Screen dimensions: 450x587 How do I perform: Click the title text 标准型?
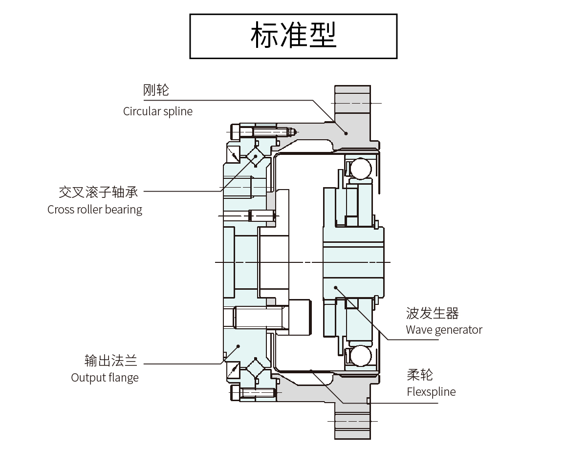[293, 36]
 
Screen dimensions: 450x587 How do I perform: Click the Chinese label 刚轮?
[156, 90]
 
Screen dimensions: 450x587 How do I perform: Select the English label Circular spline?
[157, 111]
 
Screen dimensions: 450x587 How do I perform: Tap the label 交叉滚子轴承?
[98, 192]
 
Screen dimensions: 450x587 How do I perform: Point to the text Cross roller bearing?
[95, 210]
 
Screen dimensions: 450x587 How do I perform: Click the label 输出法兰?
[111, 361]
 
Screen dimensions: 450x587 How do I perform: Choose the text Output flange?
[105, 378]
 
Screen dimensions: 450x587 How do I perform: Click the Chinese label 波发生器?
[432, 313]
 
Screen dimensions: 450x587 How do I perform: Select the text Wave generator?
[444, 330]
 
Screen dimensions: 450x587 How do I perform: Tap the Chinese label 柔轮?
[419, 375]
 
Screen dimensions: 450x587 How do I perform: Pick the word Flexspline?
[431, 392]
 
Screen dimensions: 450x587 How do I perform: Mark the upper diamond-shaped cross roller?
[255, 157]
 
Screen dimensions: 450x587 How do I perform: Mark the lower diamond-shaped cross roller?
[255, 367]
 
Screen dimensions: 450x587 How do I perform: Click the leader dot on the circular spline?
[346, 132]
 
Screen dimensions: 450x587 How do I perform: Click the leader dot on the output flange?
[238, 346]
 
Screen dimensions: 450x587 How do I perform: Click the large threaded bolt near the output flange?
[259, 318]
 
